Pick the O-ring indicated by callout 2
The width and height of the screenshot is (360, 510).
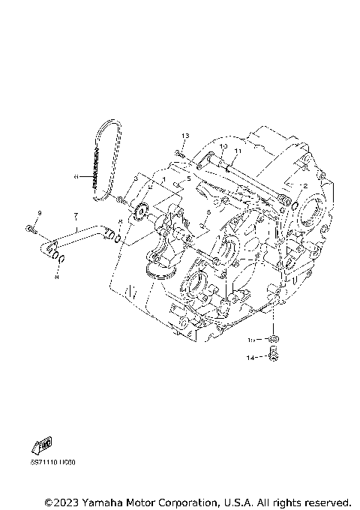[294, 205]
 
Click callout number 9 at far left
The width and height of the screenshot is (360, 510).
[39, 214]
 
